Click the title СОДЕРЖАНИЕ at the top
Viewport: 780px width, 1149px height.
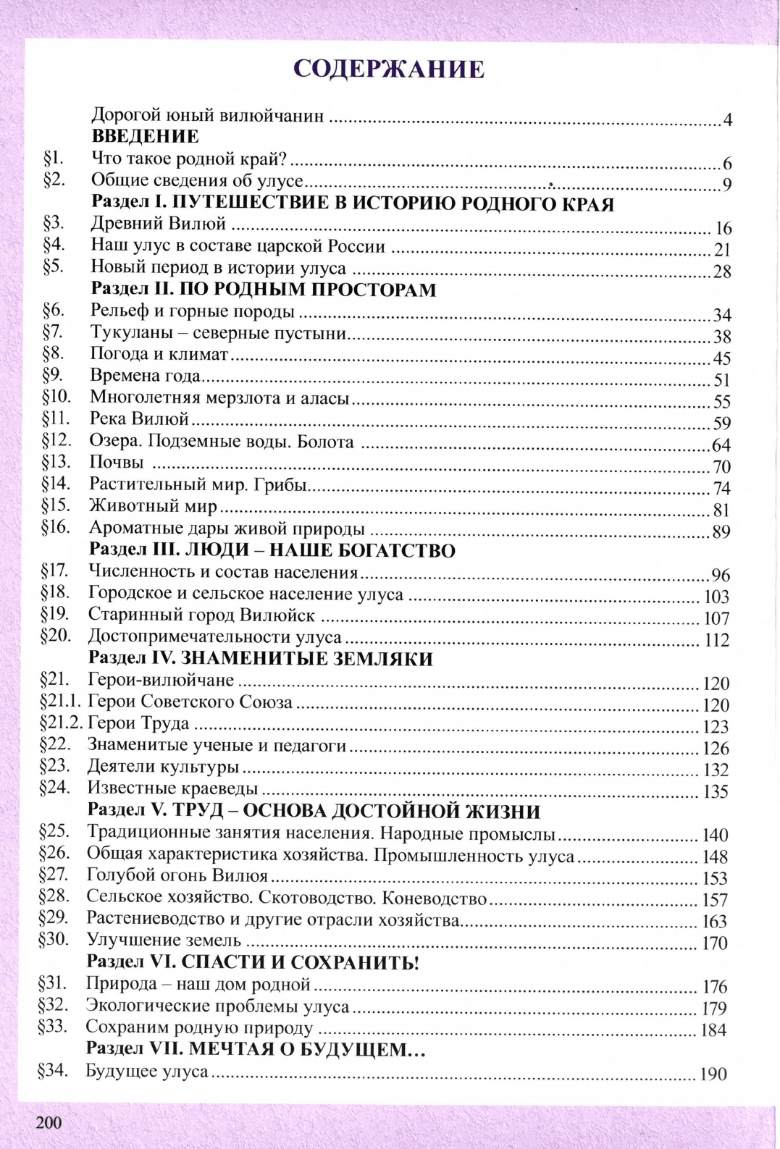(389, 69)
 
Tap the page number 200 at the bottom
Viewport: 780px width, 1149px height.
(49, 1122)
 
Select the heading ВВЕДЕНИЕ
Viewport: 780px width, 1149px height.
(145, 136)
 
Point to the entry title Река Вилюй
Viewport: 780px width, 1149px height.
(139, 418)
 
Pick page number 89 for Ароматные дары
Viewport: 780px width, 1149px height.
(721, 532)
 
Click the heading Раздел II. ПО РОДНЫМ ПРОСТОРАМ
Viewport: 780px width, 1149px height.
(264, 290)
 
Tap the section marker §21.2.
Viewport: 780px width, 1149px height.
(62, 723)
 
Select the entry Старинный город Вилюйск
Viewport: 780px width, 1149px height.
(201, 615)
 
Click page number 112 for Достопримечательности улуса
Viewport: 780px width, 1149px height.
(716, 640)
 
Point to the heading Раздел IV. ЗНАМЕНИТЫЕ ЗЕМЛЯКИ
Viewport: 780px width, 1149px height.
(260, 659)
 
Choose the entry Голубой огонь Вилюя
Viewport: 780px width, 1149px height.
(177, 876)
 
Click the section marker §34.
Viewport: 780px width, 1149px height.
(52, 1071)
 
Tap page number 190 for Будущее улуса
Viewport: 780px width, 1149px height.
(713, 1074)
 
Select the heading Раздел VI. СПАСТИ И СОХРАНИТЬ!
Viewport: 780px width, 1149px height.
(252, 962)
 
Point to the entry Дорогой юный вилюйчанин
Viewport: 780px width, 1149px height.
(207, 115)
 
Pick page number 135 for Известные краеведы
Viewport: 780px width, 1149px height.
(715, 792)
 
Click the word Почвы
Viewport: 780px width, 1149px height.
(116, 462)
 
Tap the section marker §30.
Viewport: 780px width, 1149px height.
(54, 940)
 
